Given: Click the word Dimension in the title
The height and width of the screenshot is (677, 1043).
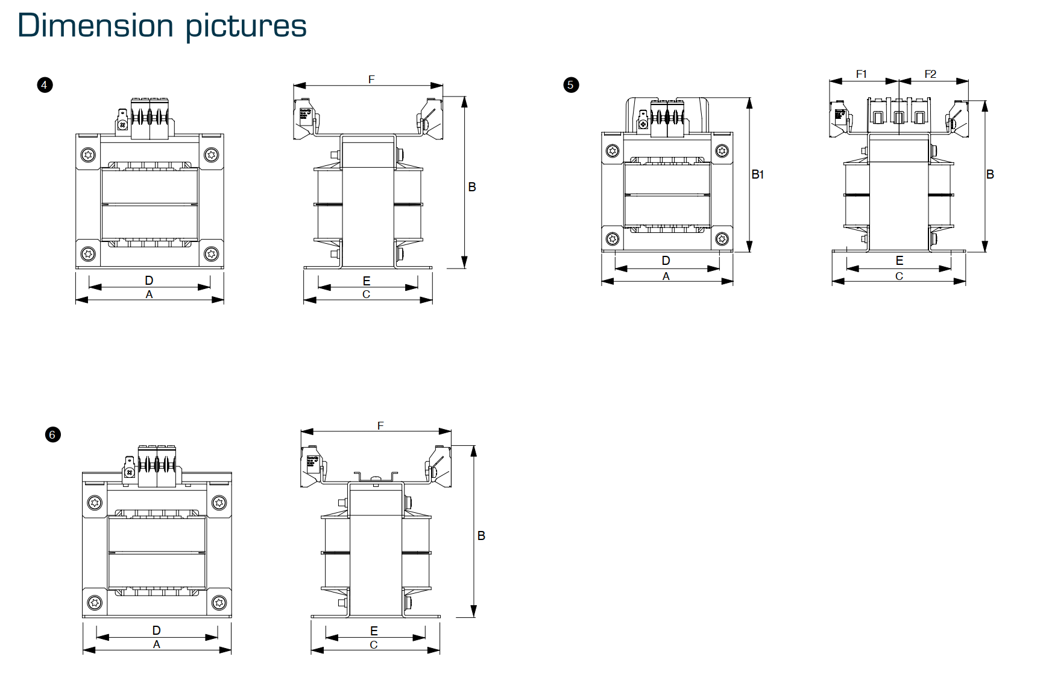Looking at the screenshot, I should point(96,26).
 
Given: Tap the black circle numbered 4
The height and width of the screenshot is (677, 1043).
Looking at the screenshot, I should point(45,85).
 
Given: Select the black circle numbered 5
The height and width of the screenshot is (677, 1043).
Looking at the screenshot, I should point(571,85).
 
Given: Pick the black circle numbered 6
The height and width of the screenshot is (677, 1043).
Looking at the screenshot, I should point(52,434).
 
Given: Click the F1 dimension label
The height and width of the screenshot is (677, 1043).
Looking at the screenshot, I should point(862,74).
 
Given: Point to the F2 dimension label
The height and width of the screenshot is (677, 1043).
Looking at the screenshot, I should point(930,74).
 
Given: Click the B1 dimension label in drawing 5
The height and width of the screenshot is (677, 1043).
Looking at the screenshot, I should point(758,175).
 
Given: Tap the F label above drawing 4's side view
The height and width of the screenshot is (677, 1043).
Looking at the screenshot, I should point(371,80).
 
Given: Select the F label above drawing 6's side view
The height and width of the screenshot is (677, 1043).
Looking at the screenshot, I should point(380,426).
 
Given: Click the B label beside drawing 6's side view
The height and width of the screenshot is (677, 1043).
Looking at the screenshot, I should point(481,536).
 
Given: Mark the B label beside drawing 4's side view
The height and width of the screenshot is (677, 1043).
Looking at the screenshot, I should point(472,188).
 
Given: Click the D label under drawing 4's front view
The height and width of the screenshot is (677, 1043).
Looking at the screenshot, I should point(149,281).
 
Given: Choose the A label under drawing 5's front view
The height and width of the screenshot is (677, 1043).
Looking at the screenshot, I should point(666,276).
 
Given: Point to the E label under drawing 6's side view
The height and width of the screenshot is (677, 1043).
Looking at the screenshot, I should point(374,631).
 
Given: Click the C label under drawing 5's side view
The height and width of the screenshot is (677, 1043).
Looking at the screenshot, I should point(899,276).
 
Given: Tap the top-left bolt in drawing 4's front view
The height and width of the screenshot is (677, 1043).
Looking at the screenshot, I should point(89,155).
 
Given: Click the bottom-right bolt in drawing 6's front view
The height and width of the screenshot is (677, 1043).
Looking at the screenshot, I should point(219,602).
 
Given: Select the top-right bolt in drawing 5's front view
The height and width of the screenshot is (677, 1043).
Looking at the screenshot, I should point(722,151).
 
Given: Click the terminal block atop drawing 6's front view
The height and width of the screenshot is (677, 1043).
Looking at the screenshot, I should point(156,466).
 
